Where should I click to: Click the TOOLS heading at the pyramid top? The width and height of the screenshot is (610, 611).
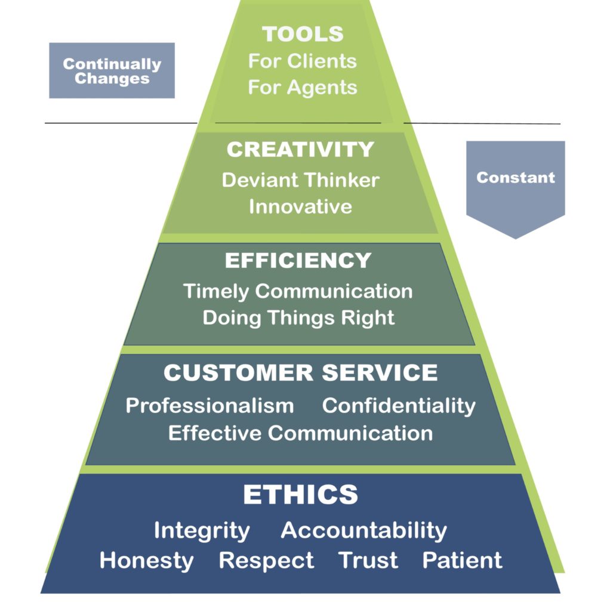coord(303,34)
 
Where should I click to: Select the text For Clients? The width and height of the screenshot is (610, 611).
coord(303,61)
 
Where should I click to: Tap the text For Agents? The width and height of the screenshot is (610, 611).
coord(303,87)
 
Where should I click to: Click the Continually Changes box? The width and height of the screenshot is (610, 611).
coord(112,70)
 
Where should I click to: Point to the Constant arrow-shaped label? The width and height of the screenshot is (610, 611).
coord(515,178)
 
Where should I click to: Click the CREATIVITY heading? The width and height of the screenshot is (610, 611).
coord(300,149)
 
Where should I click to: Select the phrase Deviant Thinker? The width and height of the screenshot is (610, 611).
coord(300,180)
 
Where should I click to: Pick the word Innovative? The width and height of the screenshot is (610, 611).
coord(300,206)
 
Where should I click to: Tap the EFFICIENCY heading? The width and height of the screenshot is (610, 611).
coord(298,261)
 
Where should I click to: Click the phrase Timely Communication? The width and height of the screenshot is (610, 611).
coord(298,291)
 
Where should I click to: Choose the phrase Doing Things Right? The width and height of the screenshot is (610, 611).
coord(298,317)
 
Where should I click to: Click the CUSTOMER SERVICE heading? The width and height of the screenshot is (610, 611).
coord(300,373)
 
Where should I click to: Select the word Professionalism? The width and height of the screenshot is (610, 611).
coord(210,406)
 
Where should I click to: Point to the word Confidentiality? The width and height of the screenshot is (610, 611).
coord(399,406)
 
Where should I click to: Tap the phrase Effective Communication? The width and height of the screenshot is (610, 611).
coord(300,433)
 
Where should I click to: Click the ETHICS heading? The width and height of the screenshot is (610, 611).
coord(300,495)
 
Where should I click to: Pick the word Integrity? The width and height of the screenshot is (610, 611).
coord(202,530)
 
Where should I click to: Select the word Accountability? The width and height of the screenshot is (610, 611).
coord(363,530)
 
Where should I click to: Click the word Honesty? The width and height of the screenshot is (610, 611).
coord(146,560)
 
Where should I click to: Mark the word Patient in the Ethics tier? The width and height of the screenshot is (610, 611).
coord(462,560)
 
